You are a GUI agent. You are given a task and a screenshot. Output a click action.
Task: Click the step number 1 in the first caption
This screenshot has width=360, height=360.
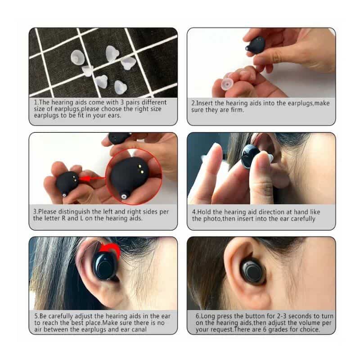(36, 102)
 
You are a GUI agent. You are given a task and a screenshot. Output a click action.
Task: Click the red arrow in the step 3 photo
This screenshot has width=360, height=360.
(92, 179)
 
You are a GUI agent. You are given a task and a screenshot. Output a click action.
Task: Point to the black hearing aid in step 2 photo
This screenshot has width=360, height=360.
(258, 45)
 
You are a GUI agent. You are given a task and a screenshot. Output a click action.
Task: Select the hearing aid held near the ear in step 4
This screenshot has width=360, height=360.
(250, 155)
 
